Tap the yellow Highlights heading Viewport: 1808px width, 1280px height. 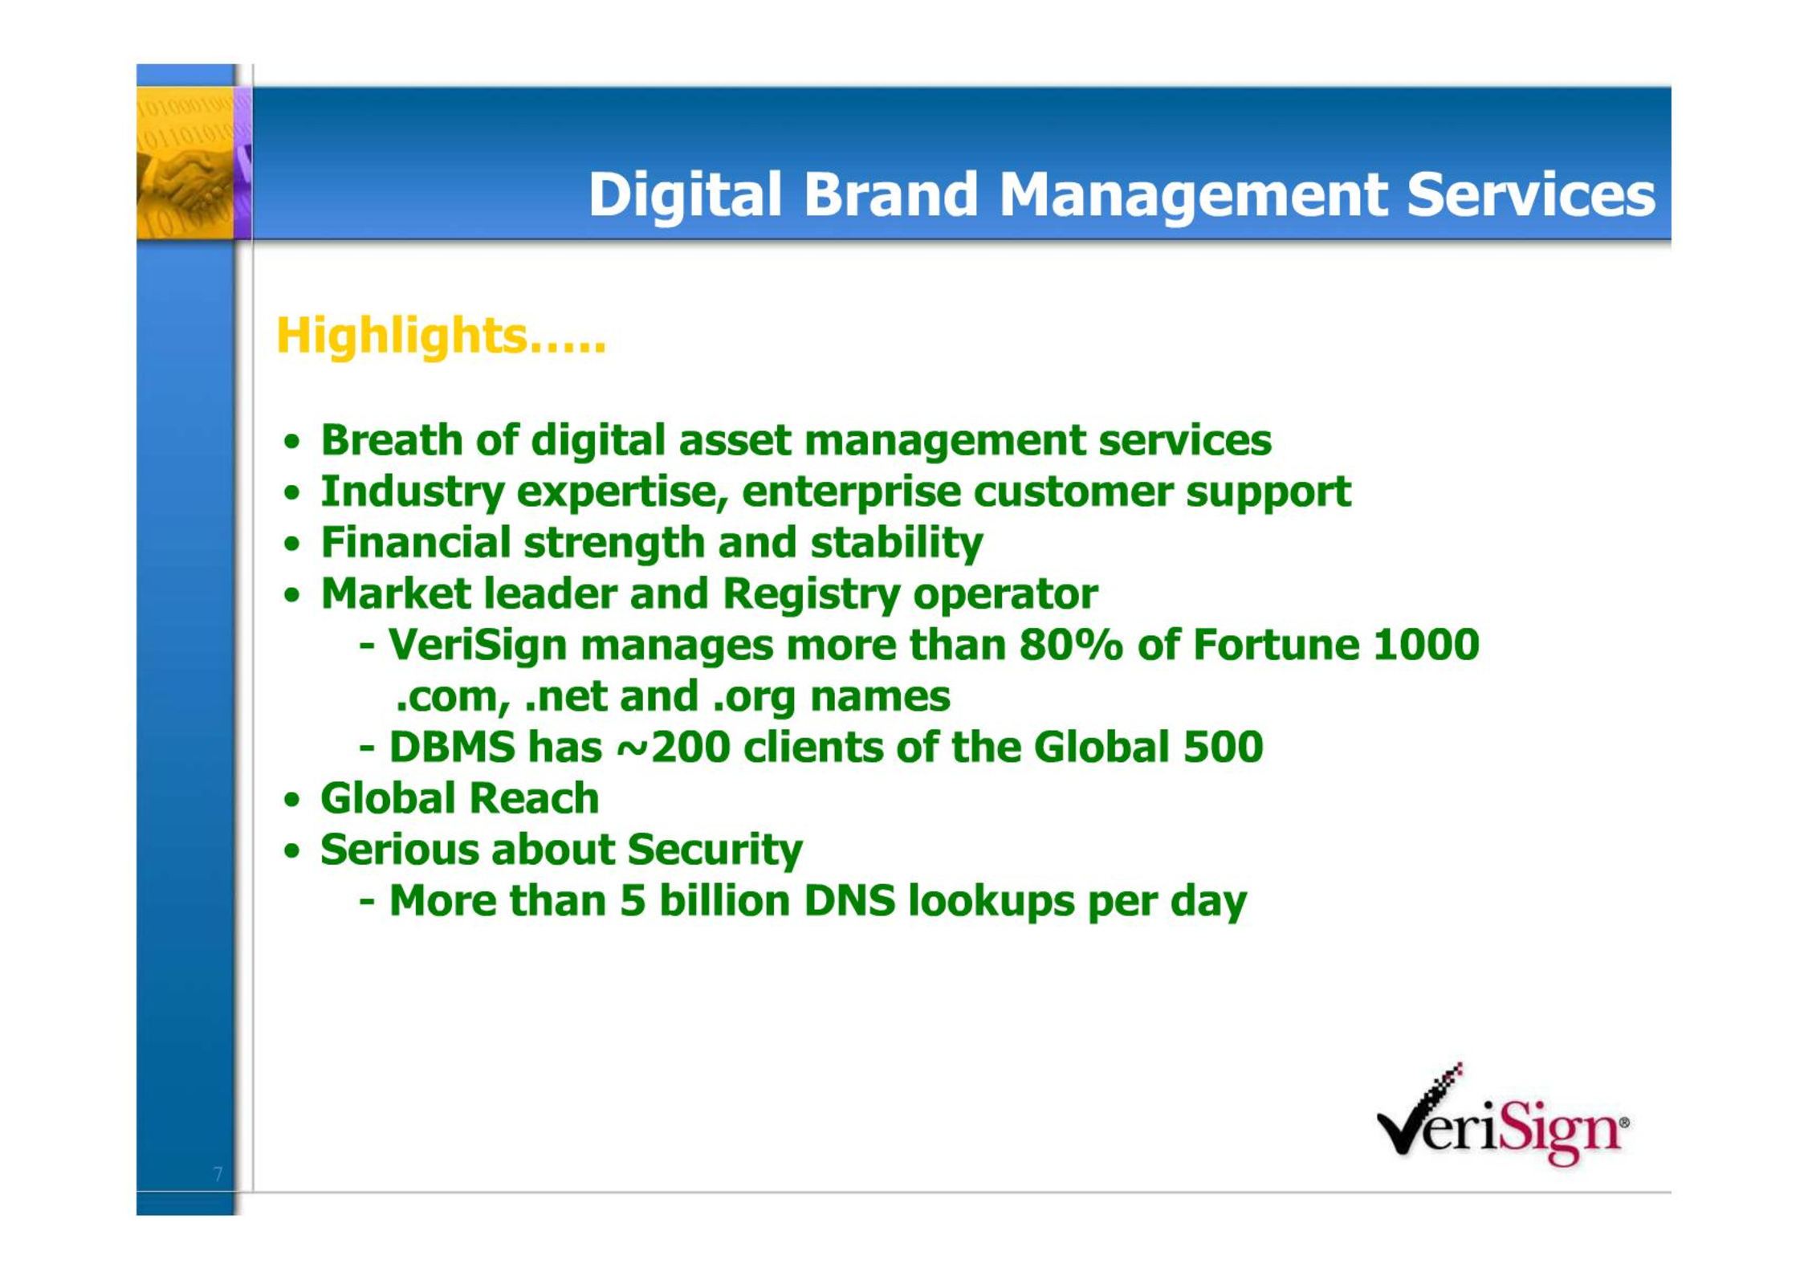[441, 336]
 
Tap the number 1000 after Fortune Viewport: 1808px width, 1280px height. [1425, 645]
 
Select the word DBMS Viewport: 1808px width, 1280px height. [452, 748]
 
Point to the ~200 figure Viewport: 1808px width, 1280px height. [673, 748]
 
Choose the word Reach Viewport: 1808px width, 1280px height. [533, 799]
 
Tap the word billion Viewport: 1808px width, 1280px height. [724, 901]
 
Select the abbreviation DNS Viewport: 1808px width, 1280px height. [849, 901]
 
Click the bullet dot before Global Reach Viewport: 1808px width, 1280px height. [292, 801]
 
